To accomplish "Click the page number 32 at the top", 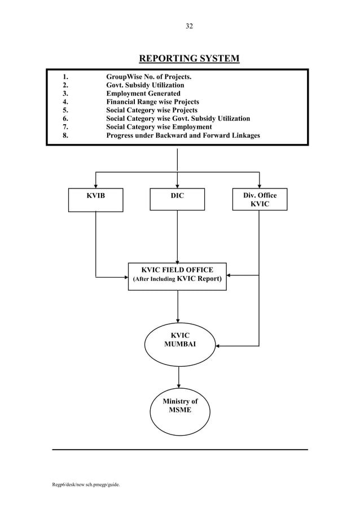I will coord(189,26).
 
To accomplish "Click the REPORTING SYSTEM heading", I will coord(189,59).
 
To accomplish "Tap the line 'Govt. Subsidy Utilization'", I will coord(145,85).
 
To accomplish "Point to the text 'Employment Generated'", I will coord(143,94).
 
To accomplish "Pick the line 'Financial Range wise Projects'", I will coord(152,102).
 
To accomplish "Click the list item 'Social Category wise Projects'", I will coord(152,111).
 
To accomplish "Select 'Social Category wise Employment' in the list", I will coord(159,128).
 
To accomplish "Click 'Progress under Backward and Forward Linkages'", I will coord(183,136).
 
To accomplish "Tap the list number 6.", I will coord(65,119).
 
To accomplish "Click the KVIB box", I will coord(95,200).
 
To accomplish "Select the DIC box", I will coord(177,199).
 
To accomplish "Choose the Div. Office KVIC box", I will coord(260,199).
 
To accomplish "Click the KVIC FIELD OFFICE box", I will coord(177,276).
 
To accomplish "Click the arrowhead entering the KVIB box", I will coord(95,185).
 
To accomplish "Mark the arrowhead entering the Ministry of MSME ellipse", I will coord(179,385).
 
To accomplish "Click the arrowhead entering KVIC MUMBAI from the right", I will coord(218,345).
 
